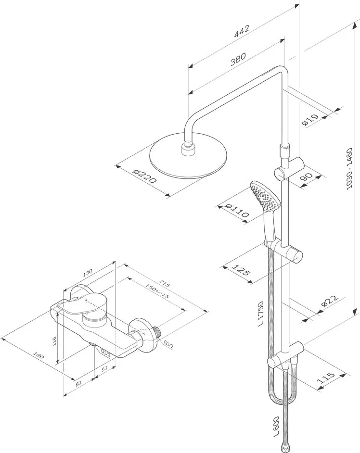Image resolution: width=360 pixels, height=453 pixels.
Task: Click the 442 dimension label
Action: click(x=242, y=31)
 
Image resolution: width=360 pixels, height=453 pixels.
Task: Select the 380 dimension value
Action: click(x=238, y=59)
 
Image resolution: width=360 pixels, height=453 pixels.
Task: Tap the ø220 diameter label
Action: click(x=144, y=176)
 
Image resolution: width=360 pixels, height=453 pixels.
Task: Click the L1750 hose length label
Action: click(x=261, y=314)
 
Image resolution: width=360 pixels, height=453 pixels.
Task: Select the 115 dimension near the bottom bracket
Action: click(x=326, y=378)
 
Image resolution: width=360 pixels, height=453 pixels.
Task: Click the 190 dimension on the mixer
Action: click(x=39, y=355)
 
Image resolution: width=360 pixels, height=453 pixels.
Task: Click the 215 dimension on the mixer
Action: click(x=165, y=284)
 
